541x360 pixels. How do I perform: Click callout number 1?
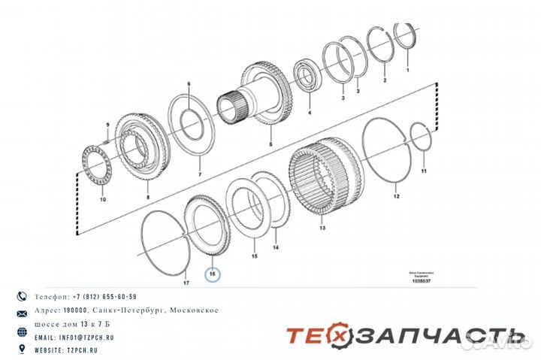point(408,69)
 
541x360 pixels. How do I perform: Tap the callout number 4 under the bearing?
point(308,113)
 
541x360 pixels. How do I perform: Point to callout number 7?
point(200,174)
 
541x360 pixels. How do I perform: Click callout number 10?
point(103,201)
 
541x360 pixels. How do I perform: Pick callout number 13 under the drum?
point(322,228)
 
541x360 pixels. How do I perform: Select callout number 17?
point(186,283)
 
